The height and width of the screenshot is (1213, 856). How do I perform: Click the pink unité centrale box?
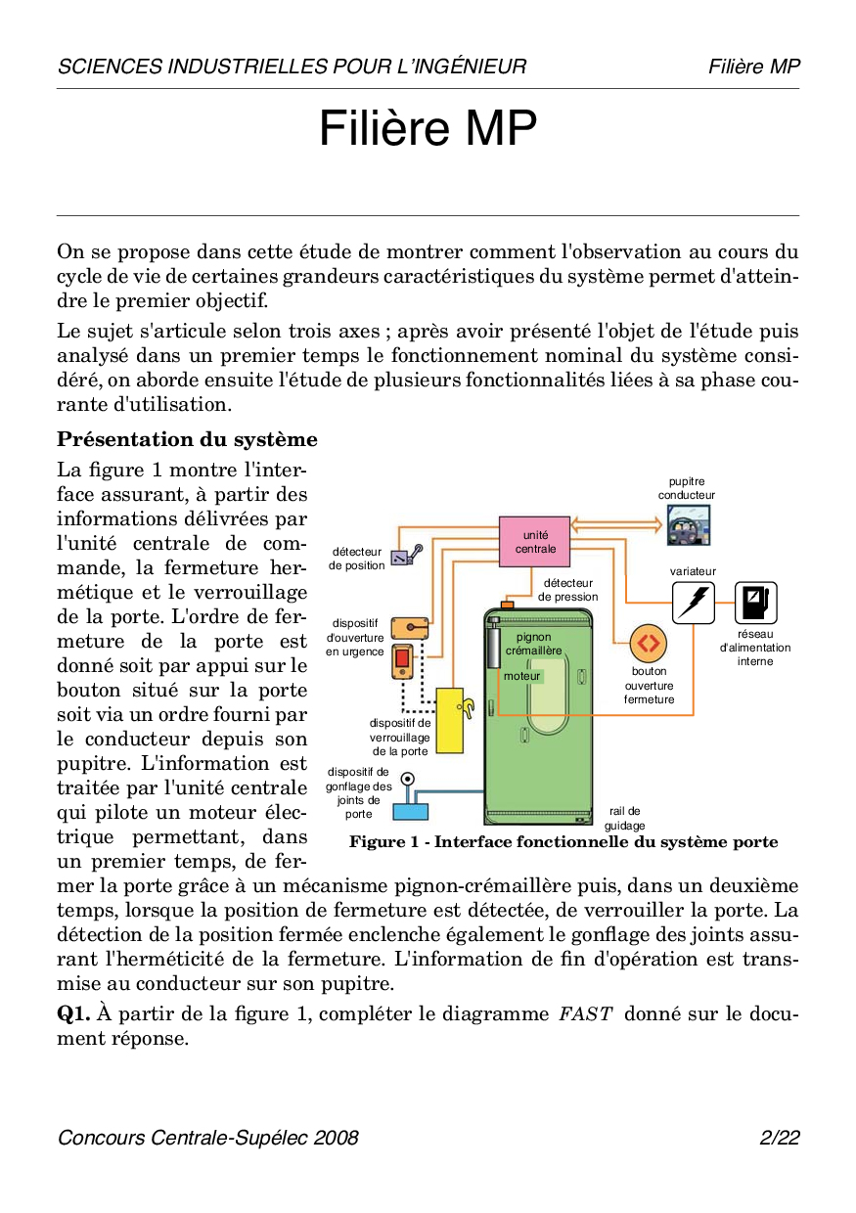pos(534,541)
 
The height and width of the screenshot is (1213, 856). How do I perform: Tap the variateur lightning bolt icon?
pos(693,602)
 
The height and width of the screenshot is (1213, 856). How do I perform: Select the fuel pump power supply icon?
pos(754,602)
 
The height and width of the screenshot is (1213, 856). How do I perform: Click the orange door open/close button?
pos(648,644)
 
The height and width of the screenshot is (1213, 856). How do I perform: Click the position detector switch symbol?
pos(406,556)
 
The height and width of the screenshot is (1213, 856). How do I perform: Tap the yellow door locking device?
pos(449,720)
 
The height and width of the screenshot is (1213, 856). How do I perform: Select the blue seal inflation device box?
pos(410,810)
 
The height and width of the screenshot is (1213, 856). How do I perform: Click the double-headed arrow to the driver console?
pos(617,525)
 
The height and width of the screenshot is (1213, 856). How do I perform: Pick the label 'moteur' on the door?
pos(523,676)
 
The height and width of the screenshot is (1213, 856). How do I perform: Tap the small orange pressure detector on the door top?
pos(507,605)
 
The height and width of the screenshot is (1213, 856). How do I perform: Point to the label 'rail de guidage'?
pos(624,818)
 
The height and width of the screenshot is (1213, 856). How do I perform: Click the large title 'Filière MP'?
pos(428,129)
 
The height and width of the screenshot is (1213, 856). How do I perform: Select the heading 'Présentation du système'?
pos(187,439)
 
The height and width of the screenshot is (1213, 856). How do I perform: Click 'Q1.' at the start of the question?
pos(73,1013)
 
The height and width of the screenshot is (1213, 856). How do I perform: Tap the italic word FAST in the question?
pos(585,1013)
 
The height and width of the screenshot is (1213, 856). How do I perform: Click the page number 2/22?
pos(780,1138)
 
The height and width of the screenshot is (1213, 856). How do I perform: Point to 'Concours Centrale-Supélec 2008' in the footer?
pos(207,1138)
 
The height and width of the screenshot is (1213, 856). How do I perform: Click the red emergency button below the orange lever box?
pos(402,660)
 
